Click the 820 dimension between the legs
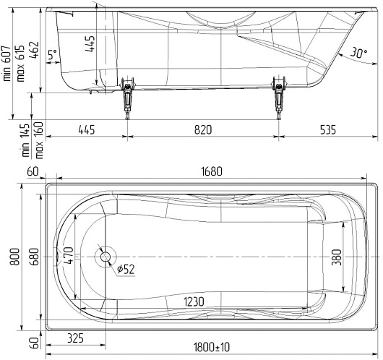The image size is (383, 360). (203, 130)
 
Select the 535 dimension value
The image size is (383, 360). (328, 130)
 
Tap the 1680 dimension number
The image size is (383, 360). (212, 171)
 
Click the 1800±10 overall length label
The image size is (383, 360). (212, 347)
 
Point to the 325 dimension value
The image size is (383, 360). (75, 338)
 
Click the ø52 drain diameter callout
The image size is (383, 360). (126, 269)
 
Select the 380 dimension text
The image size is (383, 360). (337, 257)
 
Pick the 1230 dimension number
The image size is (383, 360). (194, 302)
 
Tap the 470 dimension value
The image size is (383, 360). (68, 255)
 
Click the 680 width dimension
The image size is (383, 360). (35, 257)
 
